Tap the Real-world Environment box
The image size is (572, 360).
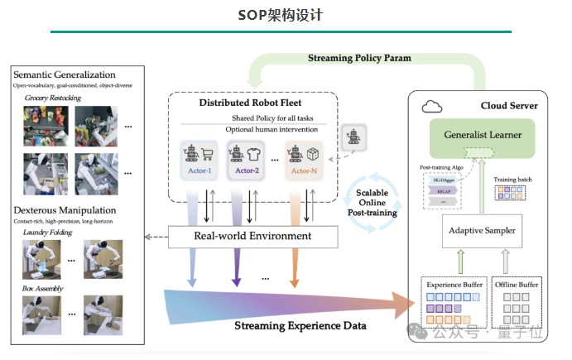tap(252, 236)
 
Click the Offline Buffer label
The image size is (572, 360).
tap(517, 285)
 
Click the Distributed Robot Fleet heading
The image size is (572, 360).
tap(252, 103)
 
